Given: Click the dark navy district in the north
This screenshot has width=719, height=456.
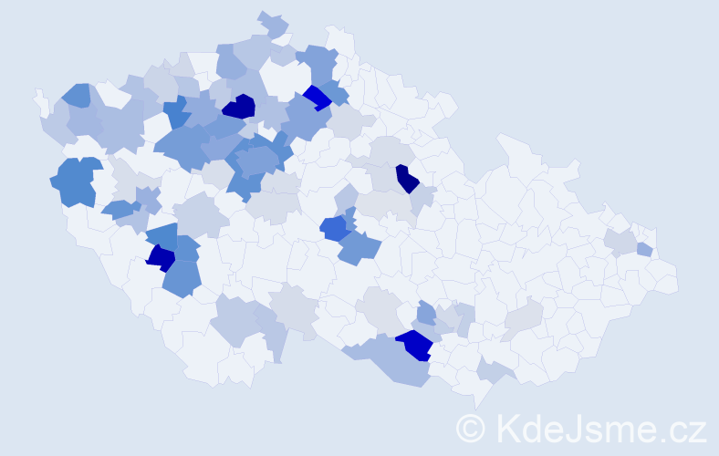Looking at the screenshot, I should (240, 107).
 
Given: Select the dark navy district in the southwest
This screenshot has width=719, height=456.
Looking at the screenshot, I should (161, 258).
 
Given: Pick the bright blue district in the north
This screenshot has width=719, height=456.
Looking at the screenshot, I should (317, 97).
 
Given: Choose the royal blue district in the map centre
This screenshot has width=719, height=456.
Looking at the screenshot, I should (333, 227).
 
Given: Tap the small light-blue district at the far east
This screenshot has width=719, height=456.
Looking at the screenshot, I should (644, 249).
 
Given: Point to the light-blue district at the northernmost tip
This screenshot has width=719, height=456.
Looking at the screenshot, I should (271, 24).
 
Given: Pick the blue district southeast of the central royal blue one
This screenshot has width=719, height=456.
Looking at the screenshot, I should (359, 247).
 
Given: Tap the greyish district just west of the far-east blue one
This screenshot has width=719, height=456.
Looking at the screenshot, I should (620, 242).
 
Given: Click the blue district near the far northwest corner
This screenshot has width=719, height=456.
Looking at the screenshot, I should (76, 94).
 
